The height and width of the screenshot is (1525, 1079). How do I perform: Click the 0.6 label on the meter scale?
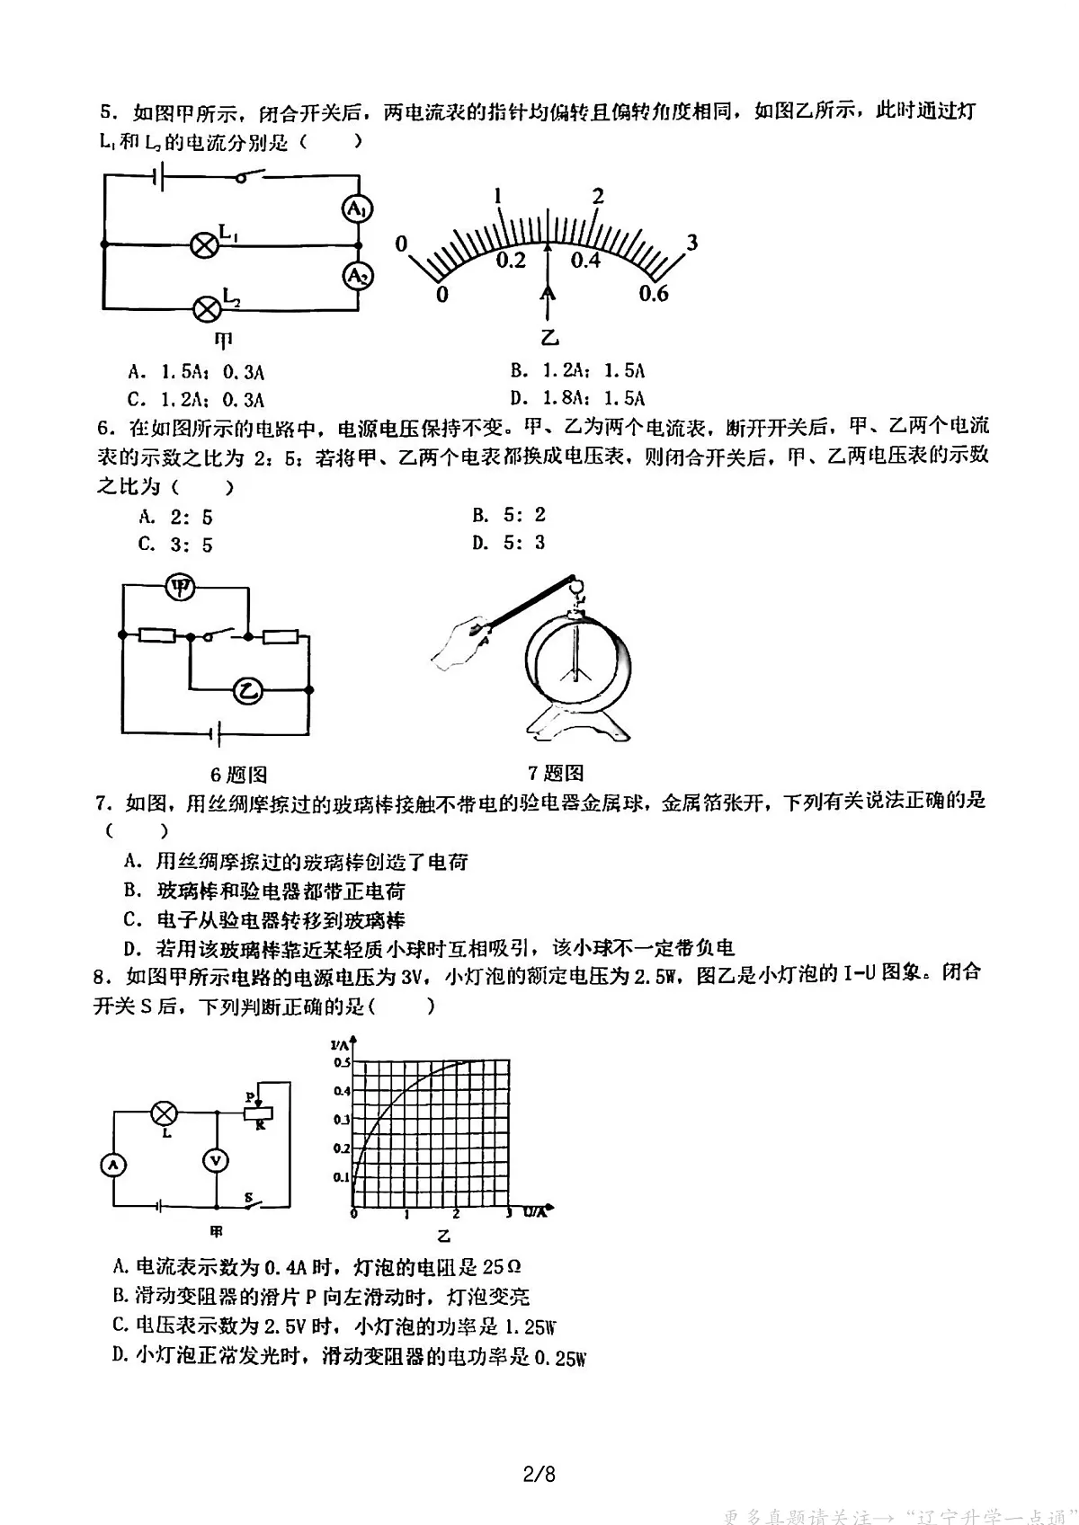point(654,294)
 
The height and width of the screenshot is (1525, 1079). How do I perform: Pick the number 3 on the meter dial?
point(691,243)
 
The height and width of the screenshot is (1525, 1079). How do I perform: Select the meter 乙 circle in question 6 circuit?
point(247,690)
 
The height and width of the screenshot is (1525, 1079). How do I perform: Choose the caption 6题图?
point(238,775)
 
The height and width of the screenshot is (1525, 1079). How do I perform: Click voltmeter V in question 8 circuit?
point(216,1161)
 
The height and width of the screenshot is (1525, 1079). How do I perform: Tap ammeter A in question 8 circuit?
point(113,1166)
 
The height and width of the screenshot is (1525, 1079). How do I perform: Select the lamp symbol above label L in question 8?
point(164,1113)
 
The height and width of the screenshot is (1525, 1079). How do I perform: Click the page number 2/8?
point(539,1475)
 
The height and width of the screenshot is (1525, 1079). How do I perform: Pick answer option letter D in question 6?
point(479,543)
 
